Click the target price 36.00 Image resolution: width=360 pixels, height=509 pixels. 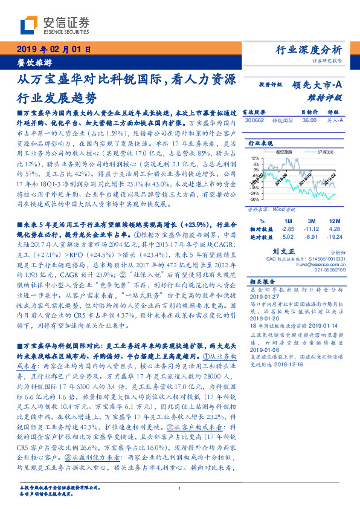coord(309,120)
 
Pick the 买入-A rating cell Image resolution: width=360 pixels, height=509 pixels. coord(333,120)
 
